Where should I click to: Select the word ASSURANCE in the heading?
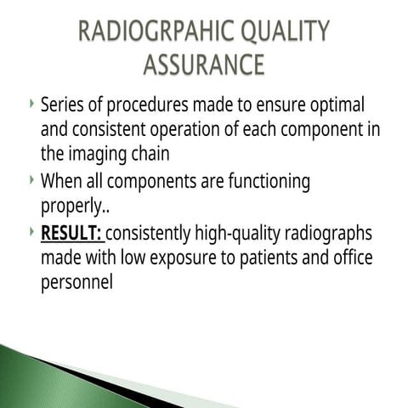pyautogui.click(x=204, y=64)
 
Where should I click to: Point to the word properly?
pyautogui.click(x=77, y=207)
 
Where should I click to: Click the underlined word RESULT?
pyautogui.click(x=71, y=232)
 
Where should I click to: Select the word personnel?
pyautogui.click(x=76, y=283)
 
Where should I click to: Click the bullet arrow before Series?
pyautogui.click(x=31, y=104)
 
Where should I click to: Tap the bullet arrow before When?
pyautogui.click(x=31, y=179)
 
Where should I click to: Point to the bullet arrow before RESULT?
pyautogui.click(x=31, y=230)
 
